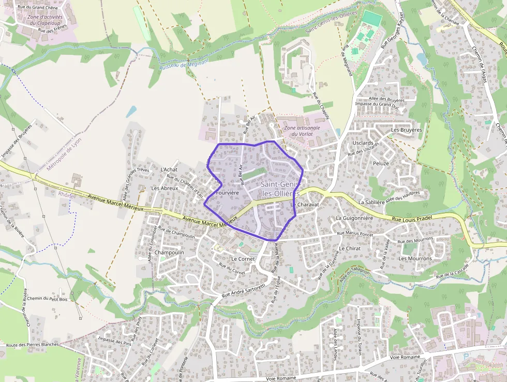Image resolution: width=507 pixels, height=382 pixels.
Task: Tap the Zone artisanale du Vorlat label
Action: tap(302, 131)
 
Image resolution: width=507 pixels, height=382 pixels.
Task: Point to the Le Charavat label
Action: tap(307, 205)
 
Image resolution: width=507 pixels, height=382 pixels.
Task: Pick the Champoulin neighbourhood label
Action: tap(169, 252)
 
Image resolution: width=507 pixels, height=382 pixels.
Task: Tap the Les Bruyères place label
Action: tap(407, 130)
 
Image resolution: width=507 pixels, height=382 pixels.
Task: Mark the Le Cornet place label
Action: tap(241, 258)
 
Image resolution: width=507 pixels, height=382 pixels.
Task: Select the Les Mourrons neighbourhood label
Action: tap(415, 258)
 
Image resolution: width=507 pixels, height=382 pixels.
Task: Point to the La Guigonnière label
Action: tap(354, 218)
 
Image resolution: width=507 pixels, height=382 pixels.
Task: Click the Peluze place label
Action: tap(380, 163)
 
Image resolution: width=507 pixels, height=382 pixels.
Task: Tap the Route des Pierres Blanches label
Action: tap(32, 345)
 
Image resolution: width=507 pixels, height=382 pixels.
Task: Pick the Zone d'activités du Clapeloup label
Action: tap(45, 20)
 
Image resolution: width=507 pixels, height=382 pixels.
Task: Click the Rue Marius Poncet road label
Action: tap(355, 233)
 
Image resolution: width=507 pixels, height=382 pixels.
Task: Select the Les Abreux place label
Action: tap(165, 188)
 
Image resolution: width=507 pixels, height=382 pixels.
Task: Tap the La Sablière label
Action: tap(371, 202)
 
